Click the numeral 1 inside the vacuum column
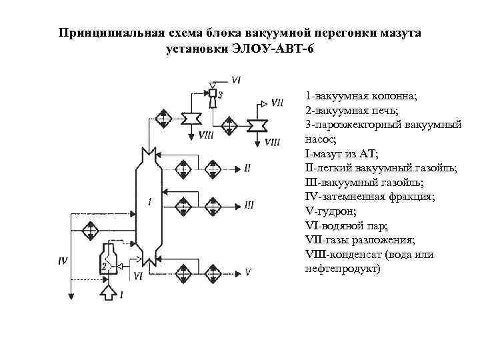tap(151, 201)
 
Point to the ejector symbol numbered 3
tap(214, 95)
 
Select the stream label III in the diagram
tap(248, 205)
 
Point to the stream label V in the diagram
tap(248, 272)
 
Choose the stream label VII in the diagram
tap(278, 103)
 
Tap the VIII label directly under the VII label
tap(272, 141)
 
